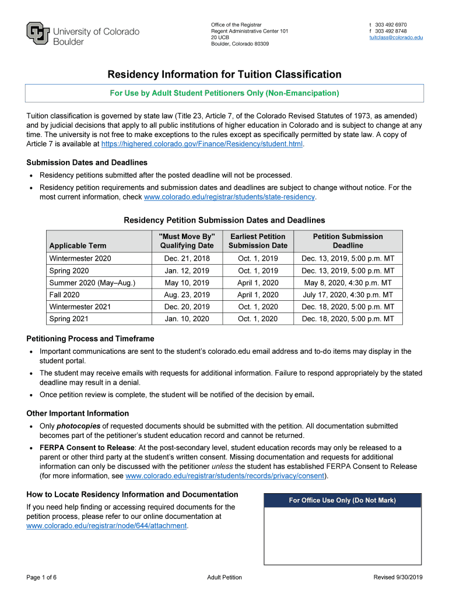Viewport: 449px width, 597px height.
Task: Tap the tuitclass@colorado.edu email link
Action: click(x=396, y=37)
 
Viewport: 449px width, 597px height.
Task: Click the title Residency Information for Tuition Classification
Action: click(x=224, y=75)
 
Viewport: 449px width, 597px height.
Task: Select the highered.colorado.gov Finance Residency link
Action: click(x=202, y=143)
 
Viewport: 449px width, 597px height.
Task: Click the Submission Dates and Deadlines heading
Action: click(x=87, y=163)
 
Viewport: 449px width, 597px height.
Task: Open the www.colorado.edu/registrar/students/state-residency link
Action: click(x=229, y=197)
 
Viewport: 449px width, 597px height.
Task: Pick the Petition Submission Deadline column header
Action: click(x=348, y=241)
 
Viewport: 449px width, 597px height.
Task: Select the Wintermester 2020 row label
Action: click(x=80, y=258)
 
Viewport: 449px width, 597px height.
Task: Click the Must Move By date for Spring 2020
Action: click(x=187, y=271)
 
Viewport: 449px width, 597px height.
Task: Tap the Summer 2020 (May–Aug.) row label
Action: click(x=92, y=283)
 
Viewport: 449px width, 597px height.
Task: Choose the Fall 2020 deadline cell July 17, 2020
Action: click(x=348, y=295)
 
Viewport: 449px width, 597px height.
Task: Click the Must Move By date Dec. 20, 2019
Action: click(x=187, y=307)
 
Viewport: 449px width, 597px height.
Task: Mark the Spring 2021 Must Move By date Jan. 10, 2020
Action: click(x=187, y=319)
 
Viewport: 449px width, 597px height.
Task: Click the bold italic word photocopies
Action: click(x=79, y=426)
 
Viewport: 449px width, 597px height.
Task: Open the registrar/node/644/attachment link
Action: click(x=107, y=525)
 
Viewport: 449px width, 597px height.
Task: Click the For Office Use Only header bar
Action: click(x=342, y=500)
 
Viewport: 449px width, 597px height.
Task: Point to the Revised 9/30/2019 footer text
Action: click(x=398, y=577)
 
